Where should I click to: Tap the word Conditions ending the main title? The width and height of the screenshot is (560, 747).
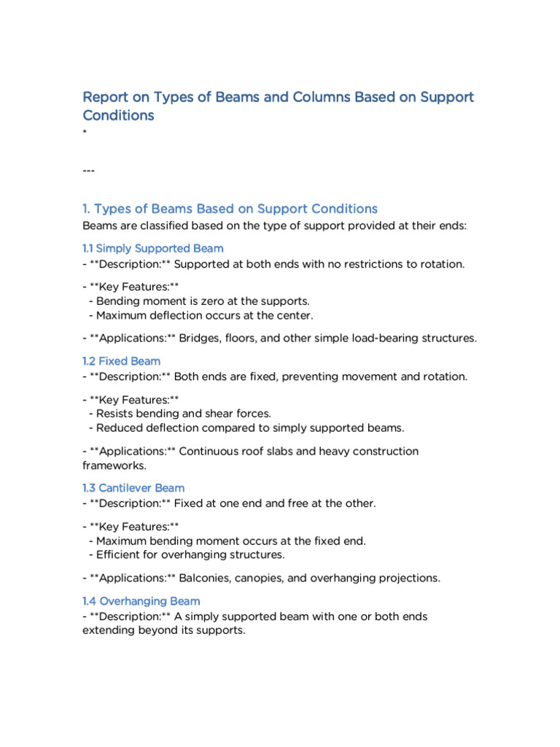pos(118,116)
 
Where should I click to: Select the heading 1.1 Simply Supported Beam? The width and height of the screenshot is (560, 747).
pos(153,248)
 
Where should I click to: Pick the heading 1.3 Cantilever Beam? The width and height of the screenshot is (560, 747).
pos(133,488)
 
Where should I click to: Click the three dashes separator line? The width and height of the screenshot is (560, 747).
pos(88,171)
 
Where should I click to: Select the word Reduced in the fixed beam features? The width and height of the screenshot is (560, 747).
pos(119,427)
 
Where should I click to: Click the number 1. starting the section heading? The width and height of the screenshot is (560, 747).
pos(87,209)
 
